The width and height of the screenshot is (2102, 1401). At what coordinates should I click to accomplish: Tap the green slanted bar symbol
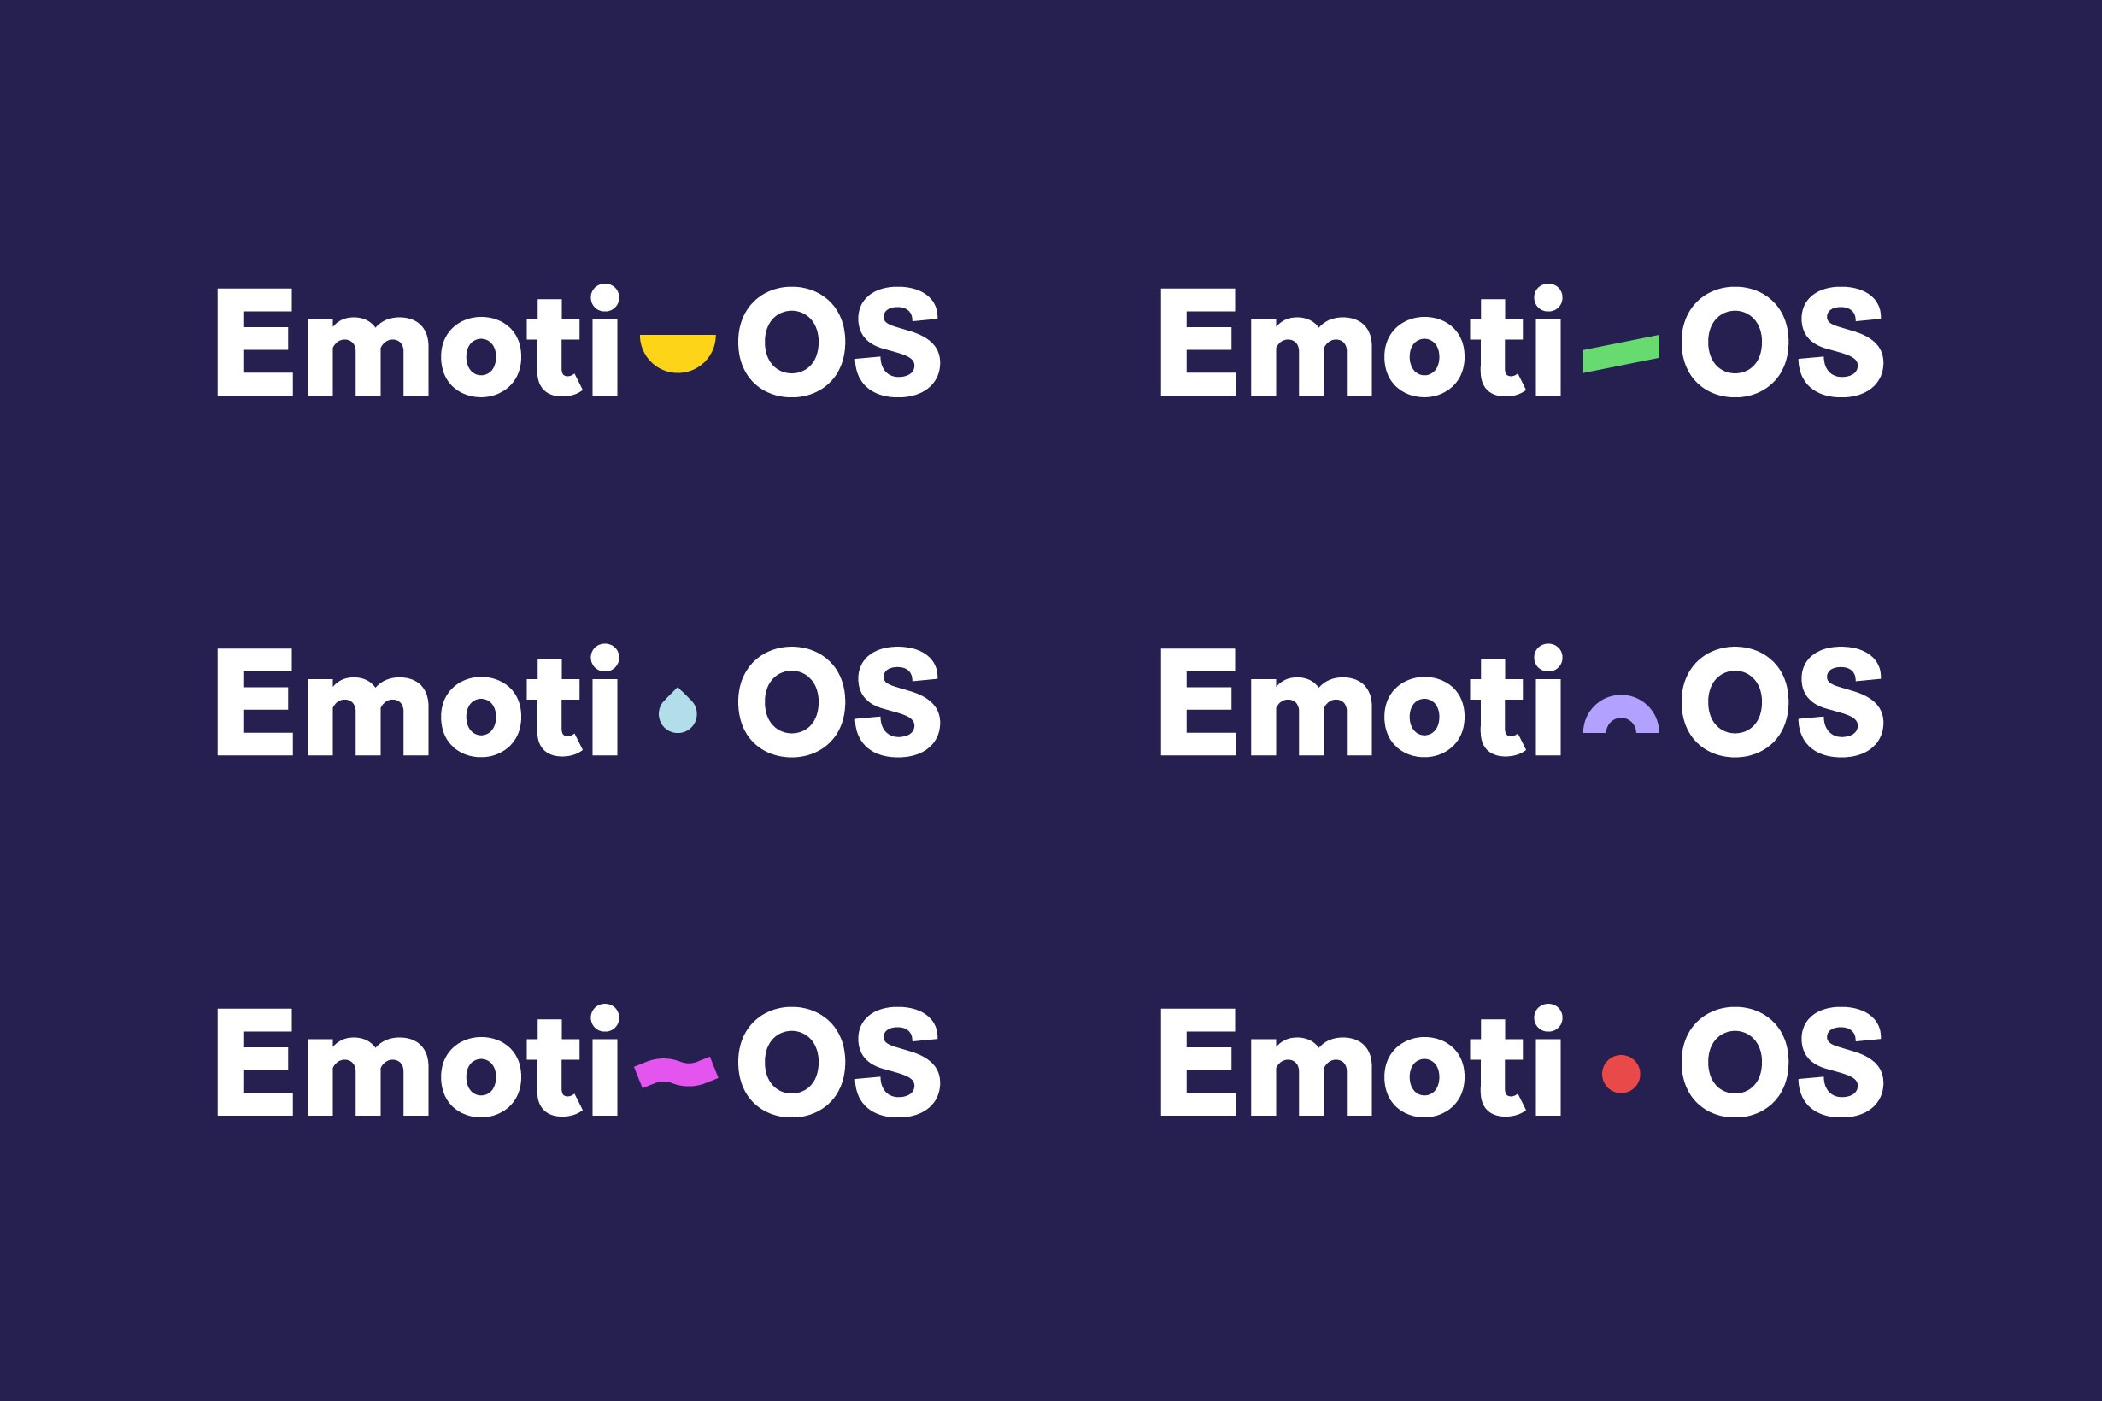point(1621,354)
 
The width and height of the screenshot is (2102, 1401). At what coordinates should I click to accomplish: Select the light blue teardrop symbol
point(678,712)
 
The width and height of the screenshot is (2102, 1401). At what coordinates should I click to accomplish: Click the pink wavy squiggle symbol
point(677,1071)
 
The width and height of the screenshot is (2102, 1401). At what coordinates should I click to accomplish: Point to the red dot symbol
point(1621,1074)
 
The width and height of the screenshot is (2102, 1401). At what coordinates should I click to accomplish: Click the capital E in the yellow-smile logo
point(255,342)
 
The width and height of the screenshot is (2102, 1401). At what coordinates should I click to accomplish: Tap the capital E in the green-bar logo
point(1198,342)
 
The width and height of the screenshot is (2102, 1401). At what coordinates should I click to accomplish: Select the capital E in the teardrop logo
point(255,701)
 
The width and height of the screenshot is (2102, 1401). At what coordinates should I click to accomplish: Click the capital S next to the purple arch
point(1841,701)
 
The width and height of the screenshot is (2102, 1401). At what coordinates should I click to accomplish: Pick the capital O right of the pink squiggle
point(792,1062)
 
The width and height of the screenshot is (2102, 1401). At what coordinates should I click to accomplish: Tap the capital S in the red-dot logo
point(1841,1062)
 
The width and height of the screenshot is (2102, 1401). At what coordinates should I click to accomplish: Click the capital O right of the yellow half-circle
point(792,342)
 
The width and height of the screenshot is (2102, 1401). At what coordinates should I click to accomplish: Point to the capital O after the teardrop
point(792,701)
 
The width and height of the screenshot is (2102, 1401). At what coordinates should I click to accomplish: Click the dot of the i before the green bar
point(1549,297)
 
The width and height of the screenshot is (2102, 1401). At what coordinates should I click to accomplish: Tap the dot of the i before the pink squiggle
point(605,1017)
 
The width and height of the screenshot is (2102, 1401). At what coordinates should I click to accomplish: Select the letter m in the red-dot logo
point(1311,1076)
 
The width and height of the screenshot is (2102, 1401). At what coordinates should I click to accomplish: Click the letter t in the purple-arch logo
point(1497,706)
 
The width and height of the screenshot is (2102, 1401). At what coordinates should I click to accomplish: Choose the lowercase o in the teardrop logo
point(481,717)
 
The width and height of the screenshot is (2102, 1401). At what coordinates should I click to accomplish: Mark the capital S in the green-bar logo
point(1841,342)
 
